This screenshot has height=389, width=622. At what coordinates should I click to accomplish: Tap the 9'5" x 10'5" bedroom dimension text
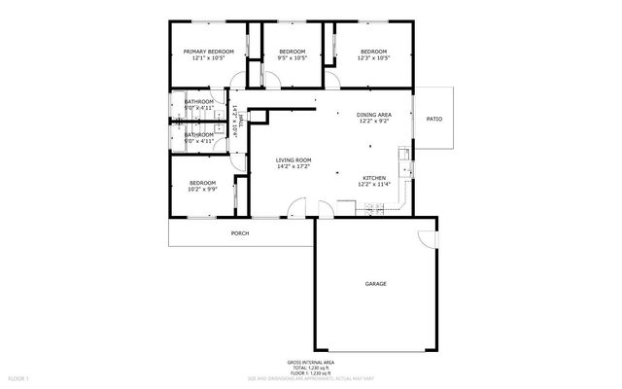(x=293, y=58)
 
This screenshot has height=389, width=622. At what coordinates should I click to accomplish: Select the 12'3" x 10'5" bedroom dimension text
(x=374, y=58)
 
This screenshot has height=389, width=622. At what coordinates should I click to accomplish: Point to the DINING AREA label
(x=375, y=115)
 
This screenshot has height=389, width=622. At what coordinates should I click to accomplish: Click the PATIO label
(x=434, y=119)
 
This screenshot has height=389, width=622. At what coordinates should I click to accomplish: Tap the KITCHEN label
(x=375, y=178)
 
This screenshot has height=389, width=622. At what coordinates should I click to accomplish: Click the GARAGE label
(x=375, y=284)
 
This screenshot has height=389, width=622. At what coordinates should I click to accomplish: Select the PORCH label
(x=239, y=233)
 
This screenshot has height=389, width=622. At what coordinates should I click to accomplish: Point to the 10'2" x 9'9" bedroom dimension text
(x=202, y=190)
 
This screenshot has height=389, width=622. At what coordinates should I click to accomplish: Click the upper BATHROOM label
(x=199, y=101)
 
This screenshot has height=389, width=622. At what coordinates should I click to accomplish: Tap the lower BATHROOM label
(x=199, y=134)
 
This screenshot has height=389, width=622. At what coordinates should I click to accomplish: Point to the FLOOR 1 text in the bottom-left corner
(x=18, y=377)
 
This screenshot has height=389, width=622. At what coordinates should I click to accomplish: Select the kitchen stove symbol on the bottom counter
(x=348, y=203)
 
